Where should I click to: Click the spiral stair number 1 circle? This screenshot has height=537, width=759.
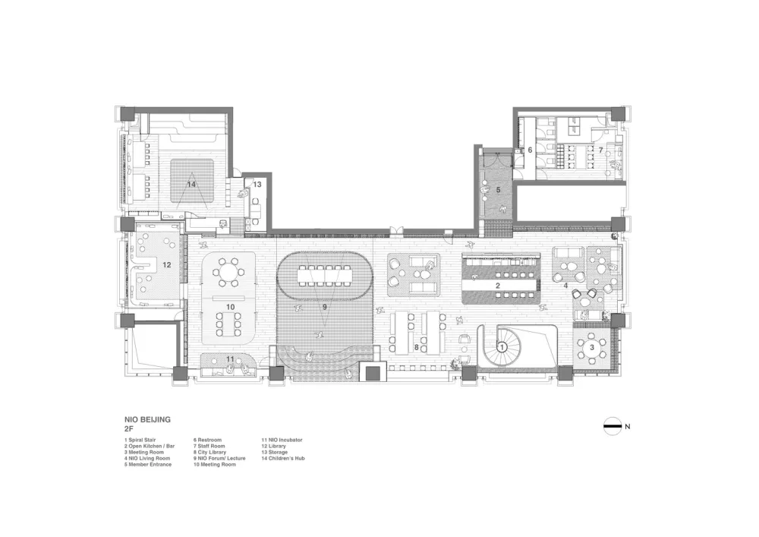pyautogui.click(x=502, y=346)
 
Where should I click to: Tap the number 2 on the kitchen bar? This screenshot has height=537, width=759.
pyautogui.click(x=497, y=285)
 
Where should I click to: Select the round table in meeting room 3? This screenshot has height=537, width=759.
pyautogui.click(x=591, y=346)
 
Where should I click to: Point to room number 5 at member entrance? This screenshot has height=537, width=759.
pyautogui.click(x=499, y=189)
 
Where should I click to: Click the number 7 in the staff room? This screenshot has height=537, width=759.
pyautogui.click(x=601, y=150)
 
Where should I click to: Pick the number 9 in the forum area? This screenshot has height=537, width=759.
pyautogui.click(x=324, y=307)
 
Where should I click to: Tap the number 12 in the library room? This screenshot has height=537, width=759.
pyautogui.click(x=166, y=264)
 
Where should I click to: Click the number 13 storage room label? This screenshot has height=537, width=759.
pyautogui.click(x=257, y=185)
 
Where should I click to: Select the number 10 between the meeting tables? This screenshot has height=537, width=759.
pyautogui.click(x=230, y=305)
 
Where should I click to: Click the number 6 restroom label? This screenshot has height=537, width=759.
pyautogui.click(x=530, y=150)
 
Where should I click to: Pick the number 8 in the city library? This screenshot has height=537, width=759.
pyautogui.click(x=417, y=346)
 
